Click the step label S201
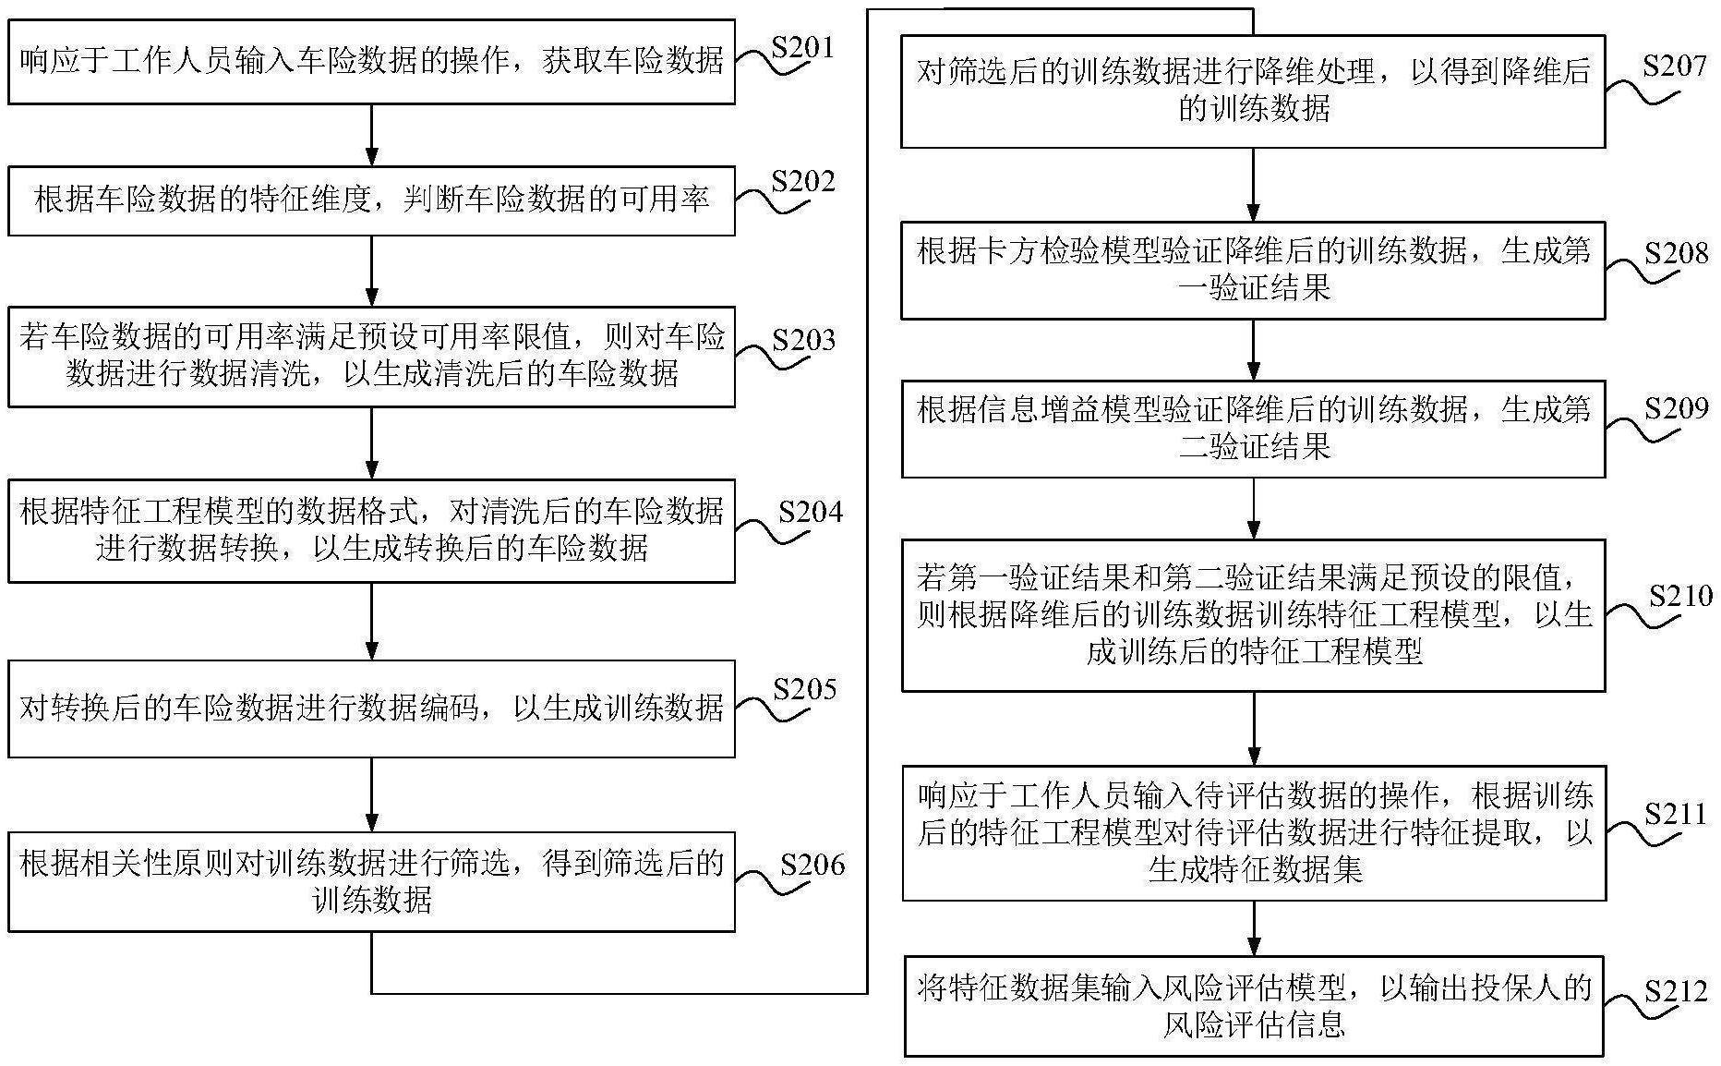click(x=802, y=47)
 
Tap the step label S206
click(x=812, y=865)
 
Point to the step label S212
click(x=1676, y=991)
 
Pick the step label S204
click(x=810, y=512)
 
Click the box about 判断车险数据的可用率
click(x=371, y=200)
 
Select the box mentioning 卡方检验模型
click(x=1253, y=270)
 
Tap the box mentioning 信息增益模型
click(x=1253, y=429)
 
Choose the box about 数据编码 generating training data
click(x=371, y=709)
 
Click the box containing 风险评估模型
click(x=1253, y=1006)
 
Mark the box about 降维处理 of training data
click(x=1253, y=91)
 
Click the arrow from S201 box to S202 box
click(x=371, y=135)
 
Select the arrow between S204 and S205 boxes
click(x=371, y=621)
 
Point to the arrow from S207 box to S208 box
click(x=1253, y=184)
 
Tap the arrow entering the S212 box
click(x=1253, y=927)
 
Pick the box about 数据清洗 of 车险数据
click(x=371, y=357)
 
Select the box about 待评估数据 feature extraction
click(x=1253, y=832)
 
